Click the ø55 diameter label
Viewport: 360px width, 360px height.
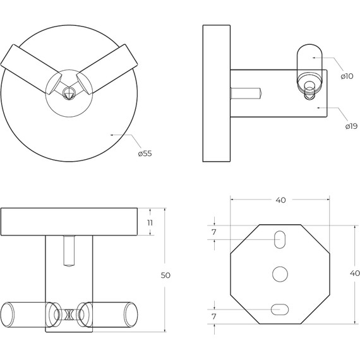coord(145,153)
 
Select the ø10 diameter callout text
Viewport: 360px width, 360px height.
coord(347,76)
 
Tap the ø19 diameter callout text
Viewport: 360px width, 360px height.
coord(351,126)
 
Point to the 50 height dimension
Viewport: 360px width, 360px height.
coord(165,275)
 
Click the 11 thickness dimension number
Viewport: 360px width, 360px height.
coord(150,223)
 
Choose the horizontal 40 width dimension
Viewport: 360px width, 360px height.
coord(280,200)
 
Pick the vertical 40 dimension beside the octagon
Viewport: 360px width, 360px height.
coord(355,273)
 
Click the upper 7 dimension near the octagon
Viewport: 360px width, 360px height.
coord(214,232)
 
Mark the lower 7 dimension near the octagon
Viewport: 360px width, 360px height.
coord(214,316)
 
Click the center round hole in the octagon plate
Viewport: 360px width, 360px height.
coord(280,274)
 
